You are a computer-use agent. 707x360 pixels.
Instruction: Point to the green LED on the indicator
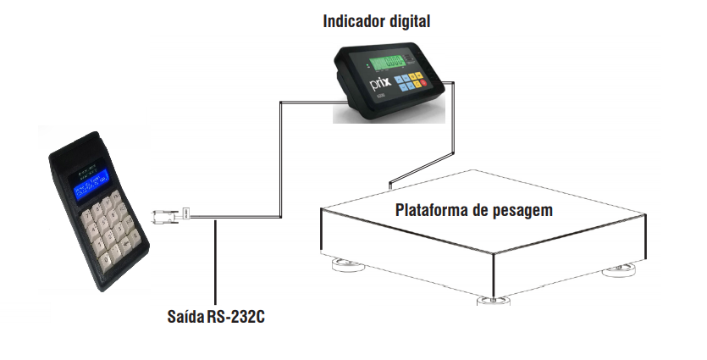click(367, 63)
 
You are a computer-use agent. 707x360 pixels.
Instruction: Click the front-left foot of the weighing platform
click(347, 264)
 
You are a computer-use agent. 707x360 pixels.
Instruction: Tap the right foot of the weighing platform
click(617, 269)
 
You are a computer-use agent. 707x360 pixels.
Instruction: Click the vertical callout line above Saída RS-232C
click(216, 263)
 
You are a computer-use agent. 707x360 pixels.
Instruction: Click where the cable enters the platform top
click(390, 184)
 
